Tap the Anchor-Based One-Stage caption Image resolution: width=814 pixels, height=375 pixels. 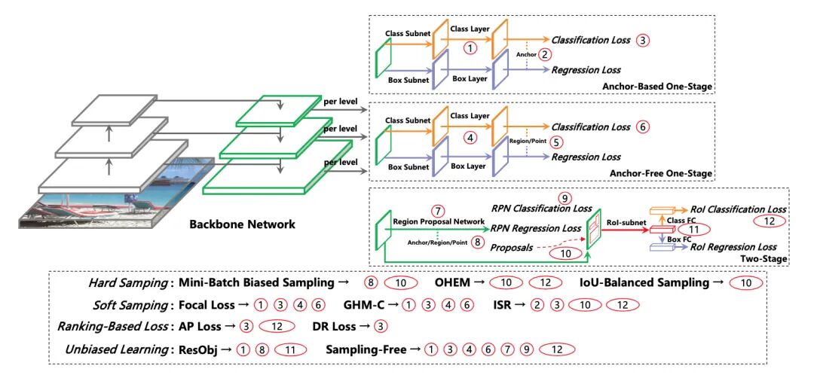coord(657,87)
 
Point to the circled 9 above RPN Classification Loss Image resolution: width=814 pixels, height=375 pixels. coord(565,198)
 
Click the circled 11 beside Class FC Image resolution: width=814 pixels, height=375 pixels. coord(693,229)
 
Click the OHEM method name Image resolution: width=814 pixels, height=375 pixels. coord(453,282)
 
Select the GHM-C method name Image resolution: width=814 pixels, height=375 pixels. coord(365,305)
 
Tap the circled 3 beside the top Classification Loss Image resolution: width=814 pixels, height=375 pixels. coord(641,40)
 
